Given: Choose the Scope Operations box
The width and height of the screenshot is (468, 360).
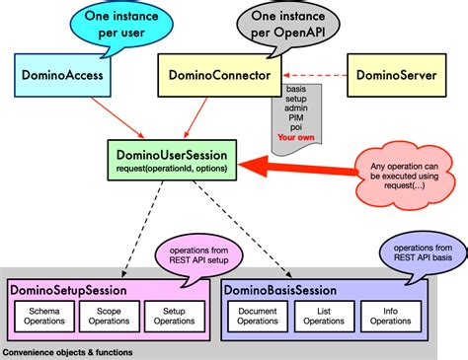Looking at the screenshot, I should (x=109, y=315).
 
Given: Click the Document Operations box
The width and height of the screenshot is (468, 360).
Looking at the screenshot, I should (x=260, y=315).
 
